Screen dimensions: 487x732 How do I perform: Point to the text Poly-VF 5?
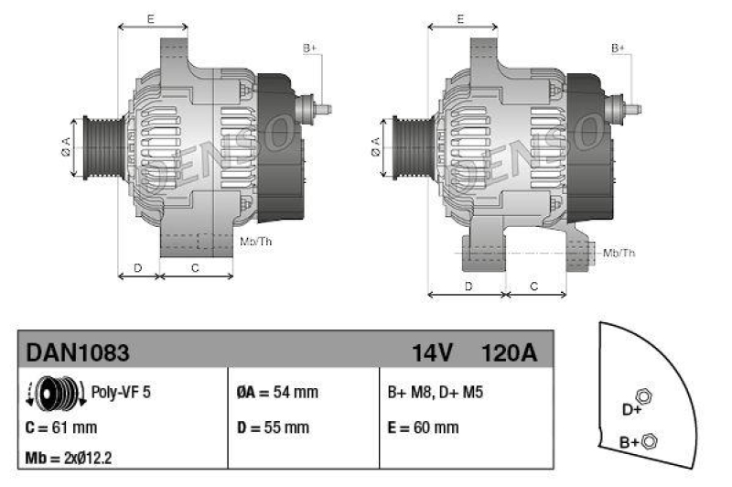122,393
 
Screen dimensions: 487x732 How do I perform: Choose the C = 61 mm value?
62,427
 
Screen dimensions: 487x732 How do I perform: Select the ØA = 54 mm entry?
277,393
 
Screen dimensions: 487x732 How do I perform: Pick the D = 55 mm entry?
274,427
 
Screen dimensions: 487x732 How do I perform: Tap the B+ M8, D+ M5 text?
436,393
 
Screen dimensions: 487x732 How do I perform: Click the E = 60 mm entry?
424,427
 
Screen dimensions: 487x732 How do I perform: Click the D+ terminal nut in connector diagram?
643,395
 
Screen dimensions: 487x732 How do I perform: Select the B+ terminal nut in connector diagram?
650,440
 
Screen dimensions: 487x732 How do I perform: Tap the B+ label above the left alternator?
309,48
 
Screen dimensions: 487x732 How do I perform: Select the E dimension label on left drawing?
150,18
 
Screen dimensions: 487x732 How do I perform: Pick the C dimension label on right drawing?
535,287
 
